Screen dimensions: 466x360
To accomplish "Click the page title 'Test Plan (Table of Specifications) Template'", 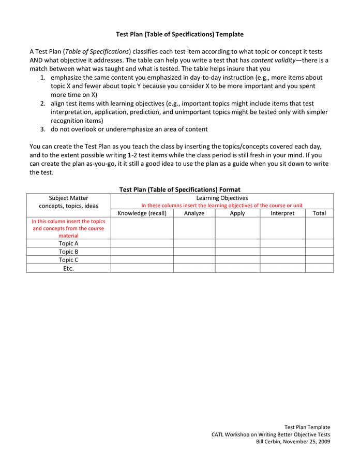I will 179,34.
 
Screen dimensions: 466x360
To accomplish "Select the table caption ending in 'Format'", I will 179,190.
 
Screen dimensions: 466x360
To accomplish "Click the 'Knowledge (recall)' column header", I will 142,213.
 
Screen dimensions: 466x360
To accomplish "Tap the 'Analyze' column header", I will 194,213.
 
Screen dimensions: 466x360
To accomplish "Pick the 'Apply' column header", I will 237,213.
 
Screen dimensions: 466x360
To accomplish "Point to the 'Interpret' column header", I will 282,213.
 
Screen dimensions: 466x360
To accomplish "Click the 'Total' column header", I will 319,213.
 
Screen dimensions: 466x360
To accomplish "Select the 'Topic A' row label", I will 69,243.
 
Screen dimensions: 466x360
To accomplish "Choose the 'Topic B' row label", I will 69,252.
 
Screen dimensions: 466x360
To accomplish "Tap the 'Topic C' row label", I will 69,260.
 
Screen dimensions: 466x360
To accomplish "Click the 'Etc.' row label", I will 69,268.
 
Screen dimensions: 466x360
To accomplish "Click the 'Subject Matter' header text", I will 69,198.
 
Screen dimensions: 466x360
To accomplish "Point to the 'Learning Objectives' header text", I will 222,198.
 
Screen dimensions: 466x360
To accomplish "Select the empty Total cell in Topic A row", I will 319,243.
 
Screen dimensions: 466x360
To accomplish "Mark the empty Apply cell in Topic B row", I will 237,252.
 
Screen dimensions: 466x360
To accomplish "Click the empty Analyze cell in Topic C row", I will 194,260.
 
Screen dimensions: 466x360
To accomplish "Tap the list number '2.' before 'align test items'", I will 43,104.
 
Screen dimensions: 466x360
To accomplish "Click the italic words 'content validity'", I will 273,60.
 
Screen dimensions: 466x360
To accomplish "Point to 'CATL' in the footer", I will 219,434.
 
